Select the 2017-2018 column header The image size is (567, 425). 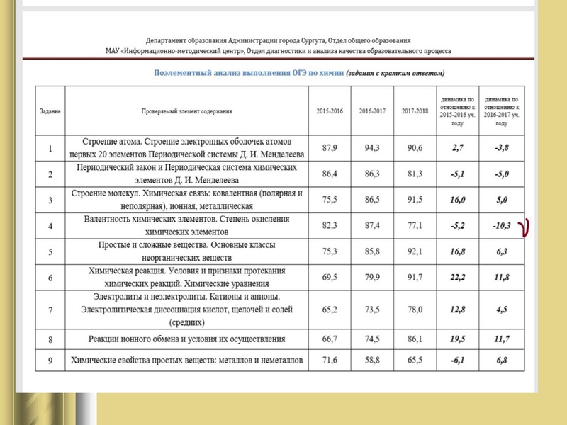click(414, 112)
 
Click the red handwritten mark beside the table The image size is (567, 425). click(525, 227)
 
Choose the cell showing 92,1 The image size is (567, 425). click(413, 251)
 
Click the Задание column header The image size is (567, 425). click(50, 112)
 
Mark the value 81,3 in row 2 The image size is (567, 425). click(413, 174)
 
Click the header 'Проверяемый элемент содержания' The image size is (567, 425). click(186, 112)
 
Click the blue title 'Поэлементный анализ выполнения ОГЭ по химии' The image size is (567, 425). click(249, 73)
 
